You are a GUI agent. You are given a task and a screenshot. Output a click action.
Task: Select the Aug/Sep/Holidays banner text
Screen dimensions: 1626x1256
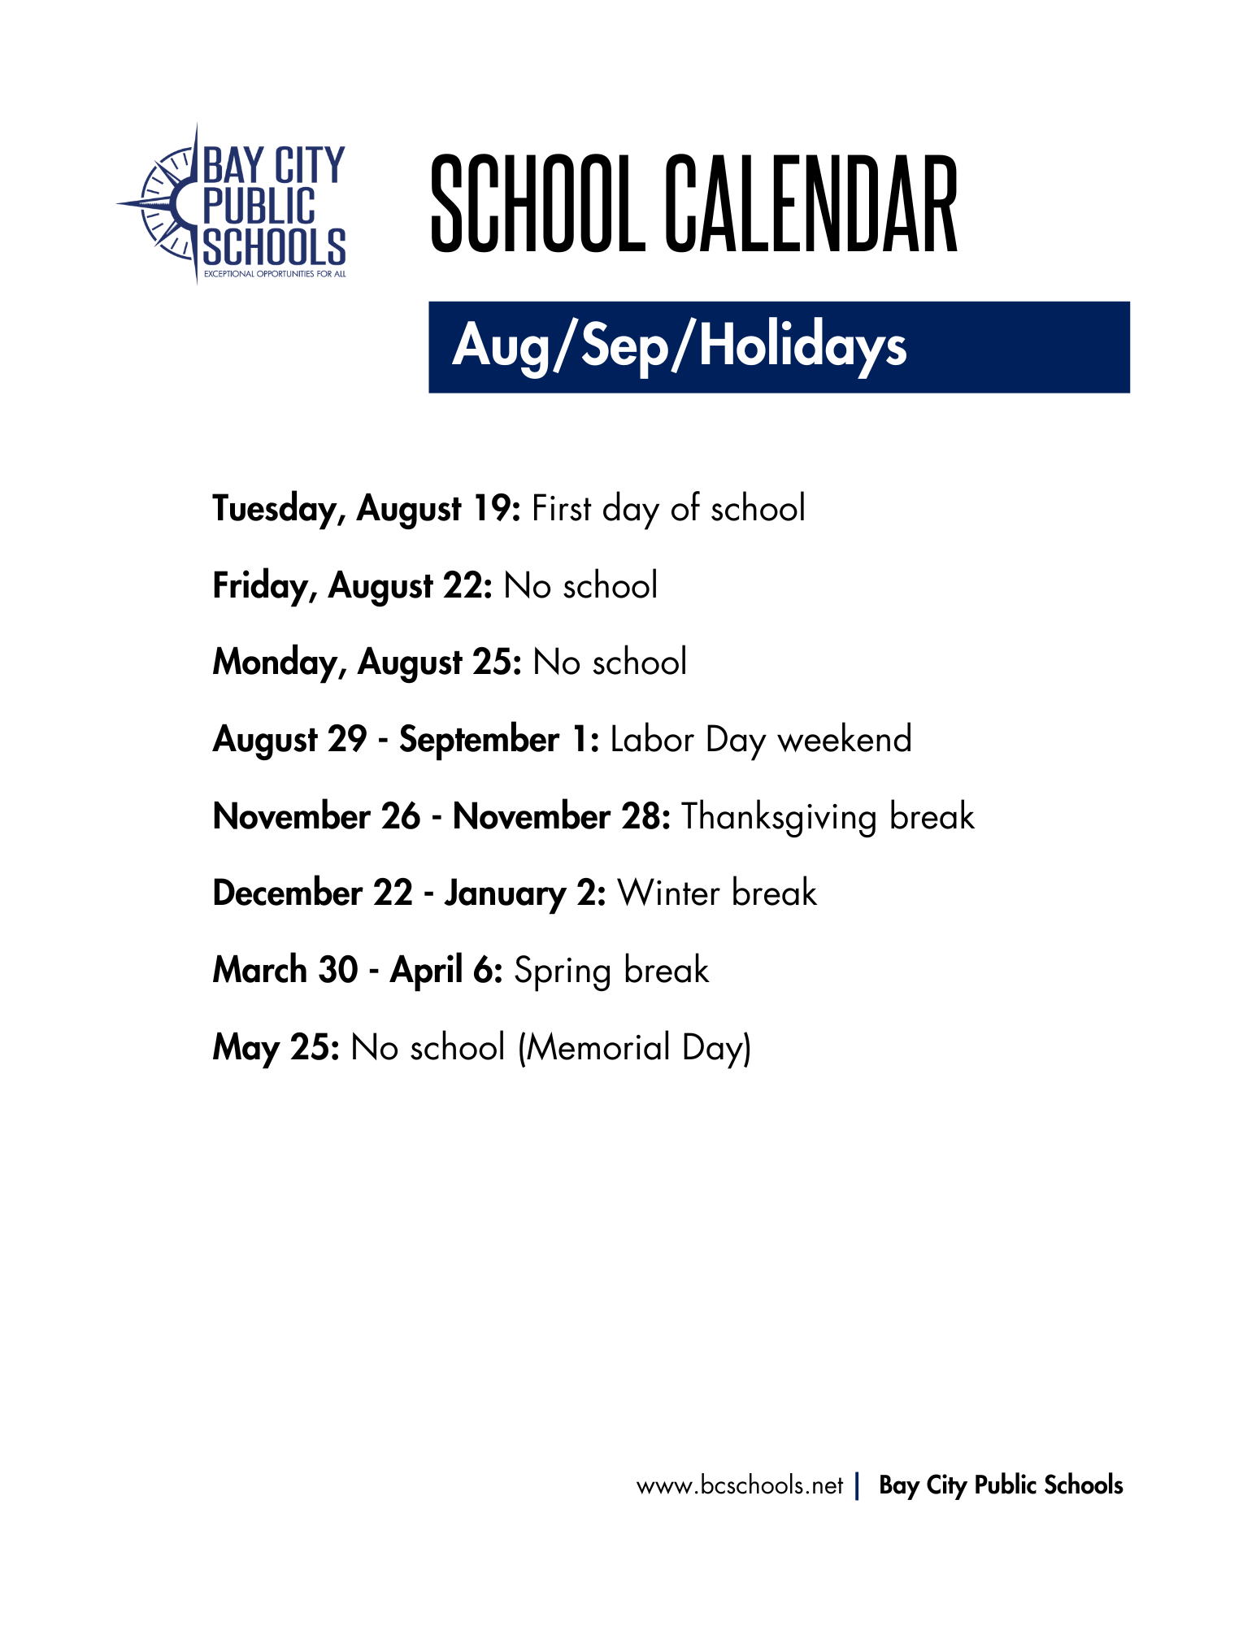point(679,346)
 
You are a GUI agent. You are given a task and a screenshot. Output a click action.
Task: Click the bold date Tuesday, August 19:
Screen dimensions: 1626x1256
point(366,509)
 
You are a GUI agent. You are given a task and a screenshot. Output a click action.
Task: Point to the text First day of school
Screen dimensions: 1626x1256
point(668,509)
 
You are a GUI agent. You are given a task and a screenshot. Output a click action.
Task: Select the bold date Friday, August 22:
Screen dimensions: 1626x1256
point(352,586)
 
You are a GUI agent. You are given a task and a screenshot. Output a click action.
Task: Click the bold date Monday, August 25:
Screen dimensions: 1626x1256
point(367,663)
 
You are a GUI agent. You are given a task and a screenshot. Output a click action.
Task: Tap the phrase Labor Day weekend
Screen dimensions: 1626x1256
point(761,740)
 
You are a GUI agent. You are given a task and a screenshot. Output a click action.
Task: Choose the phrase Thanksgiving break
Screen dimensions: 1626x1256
point(828,817)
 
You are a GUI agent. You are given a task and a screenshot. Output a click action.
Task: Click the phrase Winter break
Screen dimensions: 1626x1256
point(717,893)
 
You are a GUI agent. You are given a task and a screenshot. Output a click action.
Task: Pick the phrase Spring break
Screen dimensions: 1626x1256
point(611,971)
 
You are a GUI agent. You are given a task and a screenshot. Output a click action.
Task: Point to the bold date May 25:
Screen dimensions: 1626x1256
point(276,1047)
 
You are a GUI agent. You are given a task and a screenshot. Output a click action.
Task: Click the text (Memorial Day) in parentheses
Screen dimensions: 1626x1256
point(634,1047)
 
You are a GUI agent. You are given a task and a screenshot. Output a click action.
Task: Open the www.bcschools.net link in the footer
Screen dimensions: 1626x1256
point(740,1486)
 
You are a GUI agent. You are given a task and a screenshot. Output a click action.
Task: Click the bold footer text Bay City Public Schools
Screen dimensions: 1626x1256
point(1001,1485)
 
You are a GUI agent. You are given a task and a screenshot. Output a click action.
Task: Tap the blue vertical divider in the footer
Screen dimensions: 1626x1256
point(857,1486)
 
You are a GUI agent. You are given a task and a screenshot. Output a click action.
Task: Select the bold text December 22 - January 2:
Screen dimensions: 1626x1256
point(409,893)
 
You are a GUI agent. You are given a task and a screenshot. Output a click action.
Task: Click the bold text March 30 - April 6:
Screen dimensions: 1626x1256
point(358,971)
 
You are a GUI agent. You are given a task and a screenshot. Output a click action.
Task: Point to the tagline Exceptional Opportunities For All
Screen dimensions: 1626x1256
point(275,274)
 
